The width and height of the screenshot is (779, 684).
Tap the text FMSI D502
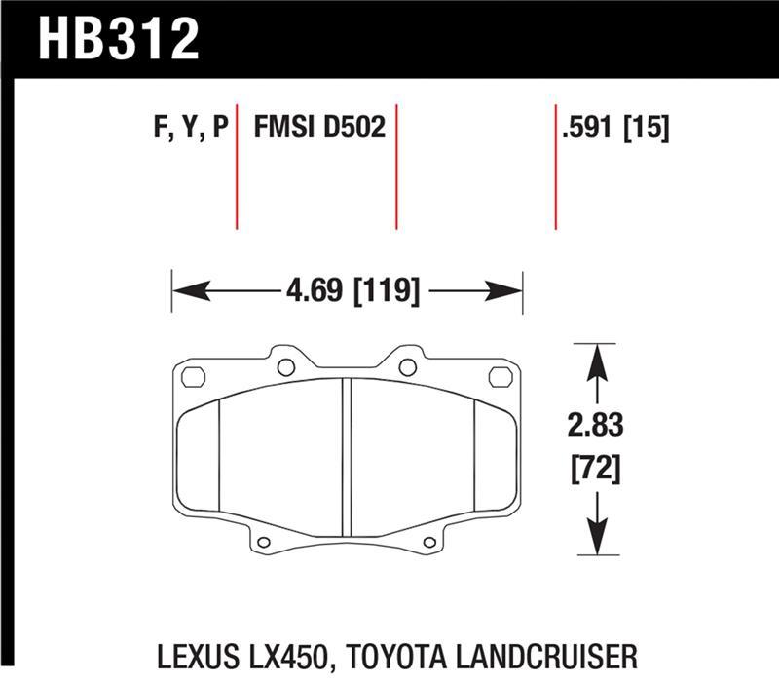coord(319,129)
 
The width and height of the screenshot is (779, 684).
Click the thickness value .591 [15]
coord(614,129)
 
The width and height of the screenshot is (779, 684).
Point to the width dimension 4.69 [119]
coord(348,290)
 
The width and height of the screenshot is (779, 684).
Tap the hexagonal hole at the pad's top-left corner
coord(192,376)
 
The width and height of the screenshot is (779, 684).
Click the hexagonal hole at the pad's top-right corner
coord(502,376)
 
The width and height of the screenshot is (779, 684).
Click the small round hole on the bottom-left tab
coord(264,541)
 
